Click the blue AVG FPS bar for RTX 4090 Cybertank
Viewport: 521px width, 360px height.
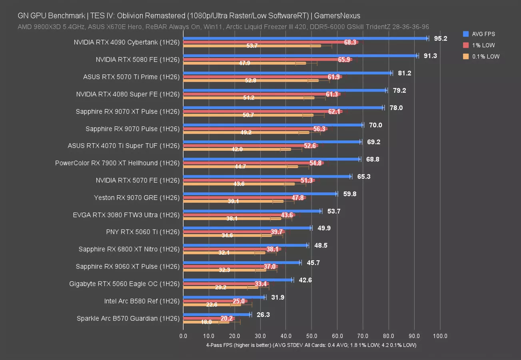(304, 38)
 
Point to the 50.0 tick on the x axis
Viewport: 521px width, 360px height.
(311, 336)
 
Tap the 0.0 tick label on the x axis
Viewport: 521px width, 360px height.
(183, 336)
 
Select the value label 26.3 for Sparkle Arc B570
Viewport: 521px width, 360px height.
(263, 315)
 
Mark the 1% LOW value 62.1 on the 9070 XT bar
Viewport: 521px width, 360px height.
(334, 112)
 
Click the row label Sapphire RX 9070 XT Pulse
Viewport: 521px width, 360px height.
(128, 111)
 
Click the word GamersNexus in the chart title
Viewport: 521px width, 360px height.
(337, 16)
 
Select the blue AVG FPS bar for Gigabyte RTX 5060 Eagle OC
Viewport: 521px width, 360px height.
(238, 280)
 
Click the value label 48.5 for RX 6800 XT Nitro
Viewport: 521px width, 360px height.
(321, 246)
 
